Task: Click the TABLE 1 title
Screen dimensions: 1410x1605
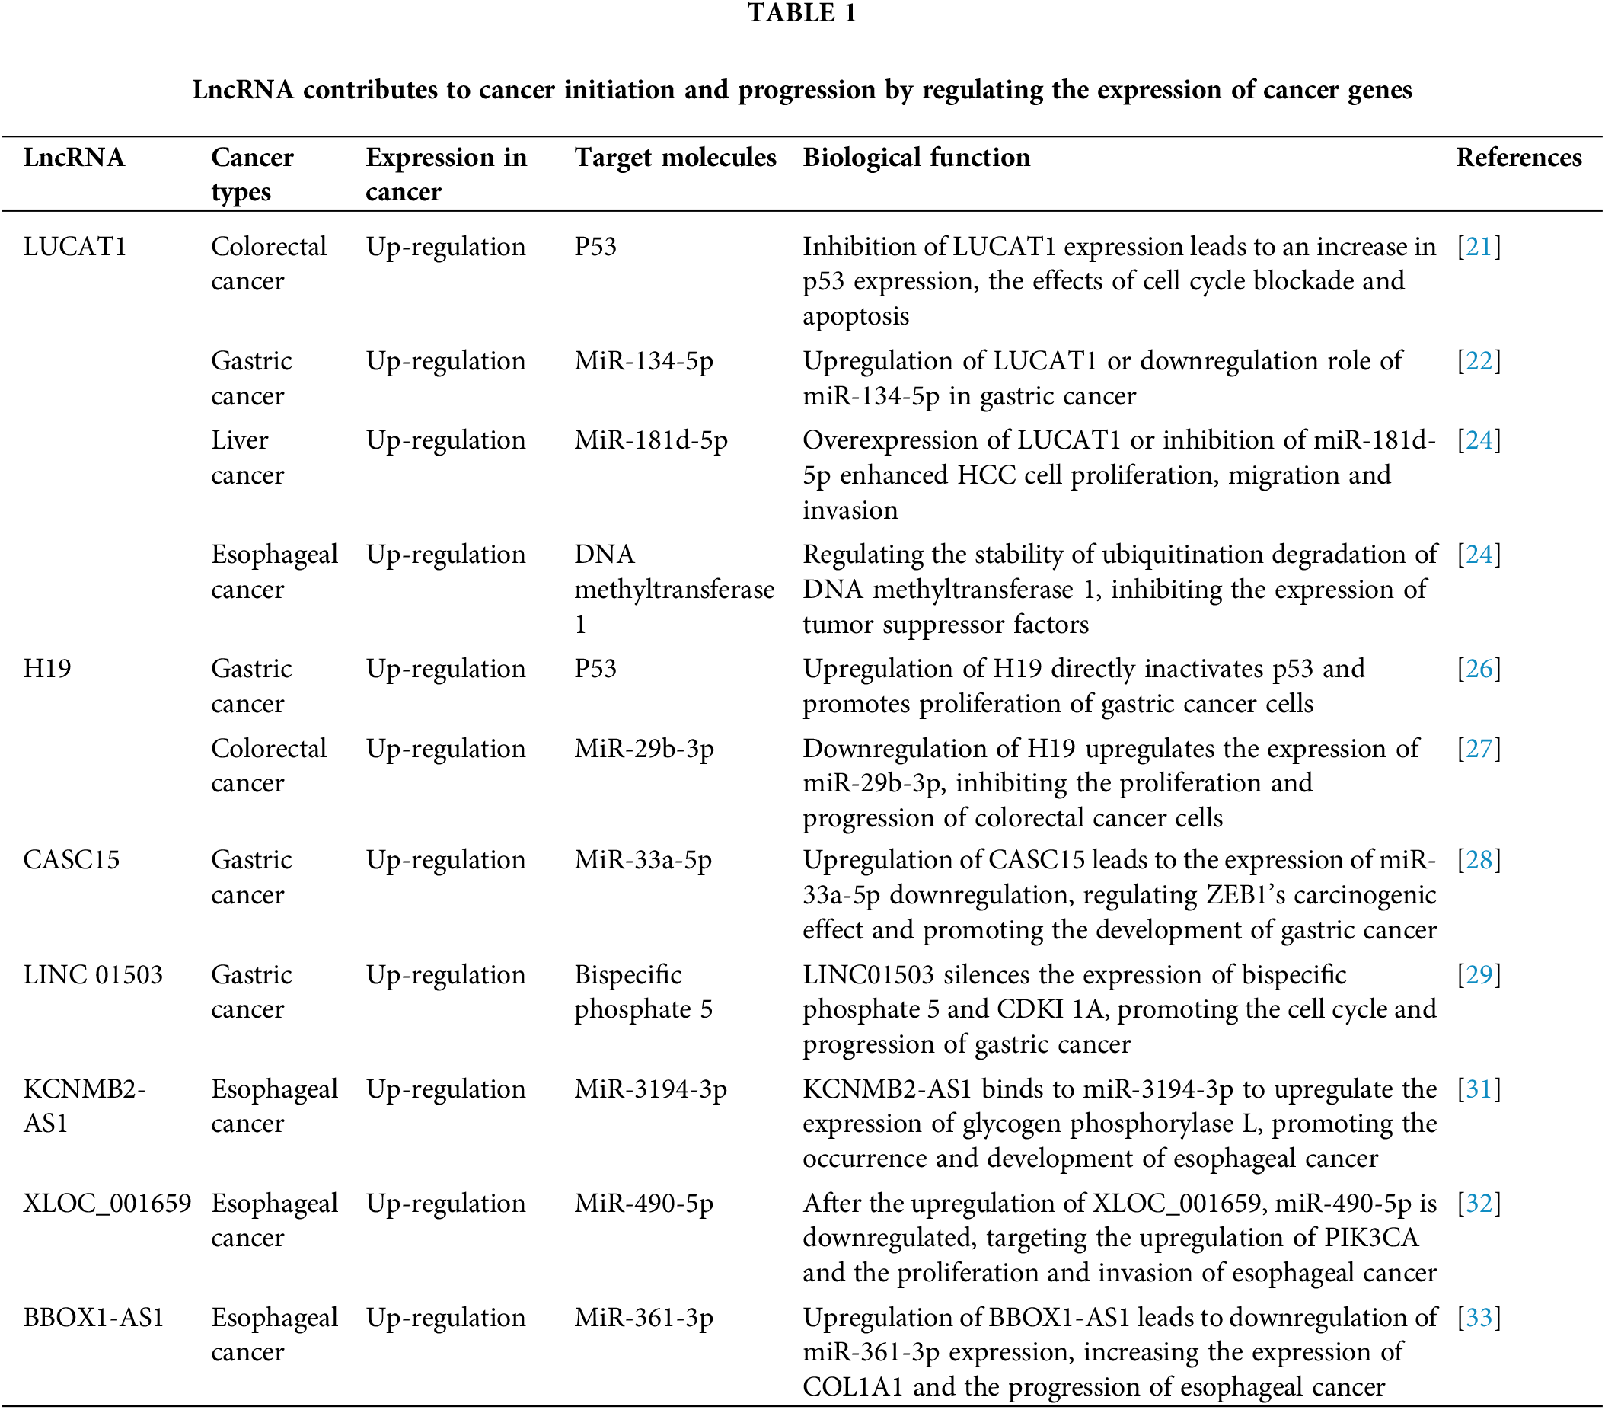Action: click(802, 14)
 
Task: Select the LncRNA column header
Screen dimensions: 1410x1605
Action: click(74, 158)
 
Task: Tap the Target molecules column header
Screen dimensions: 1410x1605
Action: click(675, 158)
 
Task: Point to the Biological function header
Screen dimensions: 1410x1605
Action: click(917, 158)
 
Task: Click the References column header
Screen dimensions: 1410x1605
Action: click(1519, 158)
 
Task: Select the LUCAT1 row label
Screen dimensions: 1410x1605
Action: click(75, 247)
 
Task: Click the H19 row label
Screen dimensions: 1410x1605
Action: click(47, 669)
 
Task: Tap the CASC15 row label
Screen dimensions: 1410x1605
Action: click(72, 860)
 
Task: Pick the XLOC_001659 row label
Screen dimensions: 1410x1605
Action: click(107, 1204)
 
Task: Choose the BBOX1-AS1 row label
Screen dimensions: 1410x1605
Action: click(94, 1317)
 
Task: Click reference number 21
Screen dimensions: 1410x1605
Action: click(1479, 247)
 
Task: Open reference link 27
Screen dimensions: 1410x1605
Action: click(1479, 749)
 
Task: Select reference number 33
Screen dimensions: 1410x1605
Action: click(1479, 1317)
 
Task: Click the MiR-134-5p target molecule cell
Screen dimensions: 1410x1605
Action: click(644, 361)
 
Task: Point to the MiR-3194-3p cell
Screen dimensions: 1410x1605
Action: click(650, 1089)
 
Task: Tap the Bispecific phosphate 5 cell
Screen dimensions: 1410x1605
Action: click(643, 992)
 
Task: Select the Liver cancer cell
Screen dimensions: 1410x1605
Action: click(247, 457)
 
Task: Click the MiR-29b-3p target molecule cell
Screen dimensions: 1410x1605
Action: click(644, 749)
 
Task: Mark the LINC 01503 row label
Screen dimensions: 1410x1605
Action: click(93, 975)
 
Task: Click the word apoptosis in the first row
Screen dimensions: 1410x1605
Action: click(856, 317)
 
